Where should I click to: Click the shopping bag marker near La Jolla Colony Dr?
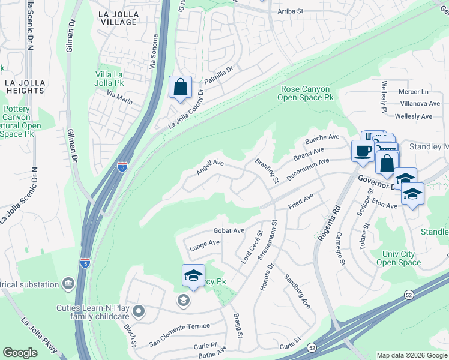point(180,88)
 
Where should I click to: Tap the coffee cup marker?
point(363,151)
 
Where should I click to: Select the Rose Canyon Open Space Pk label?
point(307,93)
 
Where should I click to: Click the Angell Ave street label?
point(209,167)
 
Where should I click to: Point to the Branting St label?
point(267,170)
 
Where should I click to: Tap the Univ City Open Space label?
point(398,258)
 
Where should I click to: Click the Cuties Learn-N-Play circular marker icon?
point(139,311)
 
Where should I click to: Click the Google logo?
point(20,353)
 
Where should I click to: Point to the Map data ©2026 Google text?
point(411,355)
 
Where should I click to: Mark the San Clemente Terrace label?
point(179,326)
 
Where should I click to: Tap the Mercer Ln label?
point(413,92)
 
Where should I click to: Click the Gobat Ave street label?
point(229,230)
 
